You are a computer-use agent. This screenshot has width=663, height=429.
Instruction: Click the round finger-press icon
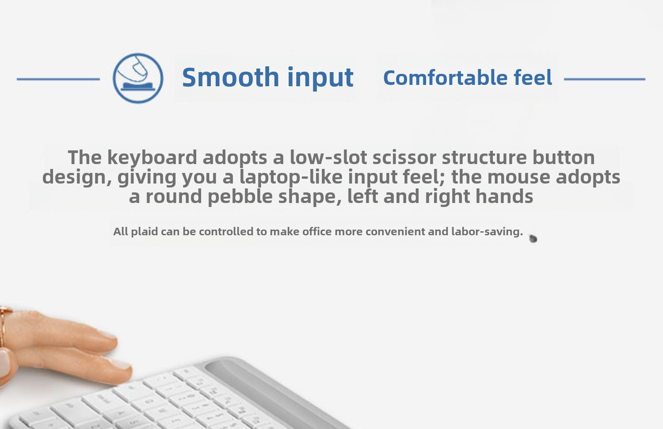[138, 78]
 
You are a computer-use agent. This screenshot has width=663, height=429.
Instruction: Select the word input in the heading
[320, 77]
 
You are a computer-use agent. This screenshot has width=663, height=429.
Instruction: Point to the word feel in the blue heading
[533, 77]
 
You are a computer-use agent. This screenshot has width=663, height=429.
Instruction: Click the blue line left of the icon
[58, 79]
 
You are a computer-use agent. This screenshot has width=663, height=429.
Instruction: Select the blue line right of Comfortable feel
[605, 79]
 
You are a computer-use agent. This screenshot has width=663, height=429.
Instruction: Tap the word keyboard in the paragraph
[152, 157]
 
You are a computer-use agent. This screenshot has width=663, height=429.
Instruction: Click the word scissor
[404, 157]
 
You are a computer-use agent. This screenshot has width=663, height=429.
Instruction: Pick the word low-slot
[328, 157]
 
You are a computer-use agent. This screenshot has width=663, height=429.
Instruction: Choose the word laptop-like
[291, 177]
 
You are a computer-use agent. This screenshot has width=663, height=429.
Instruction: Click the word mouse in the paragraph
[519, 177]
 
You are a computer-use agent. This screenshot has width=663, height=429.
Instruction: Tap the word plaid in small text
[145, 231]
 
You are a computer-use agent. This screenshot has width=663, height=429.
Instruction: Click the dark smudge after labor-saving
[533, 238]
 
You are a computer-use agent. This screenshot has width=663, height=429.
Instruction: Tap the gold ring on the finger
[4, 326]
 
